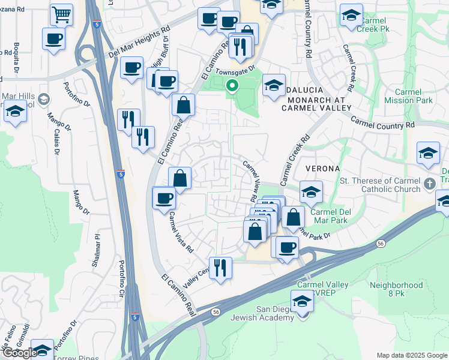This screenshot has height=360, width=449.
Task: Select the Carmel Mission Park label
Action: [x=408, y=96]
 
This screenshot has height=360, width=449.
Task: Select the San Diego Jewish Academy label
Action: [x=276, y=313]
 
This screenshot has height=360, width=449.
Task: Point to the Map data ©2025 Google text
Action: [x=411, y=355]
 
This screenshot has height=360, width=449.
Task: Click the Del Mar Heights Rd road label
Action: [x=140, y=41]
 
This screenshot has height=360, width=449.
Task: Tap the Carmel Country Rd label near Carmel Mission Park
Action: [x=383, y=122]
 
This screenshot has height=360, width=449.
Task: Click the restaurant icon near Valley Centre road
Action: [x=220, y=268]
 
